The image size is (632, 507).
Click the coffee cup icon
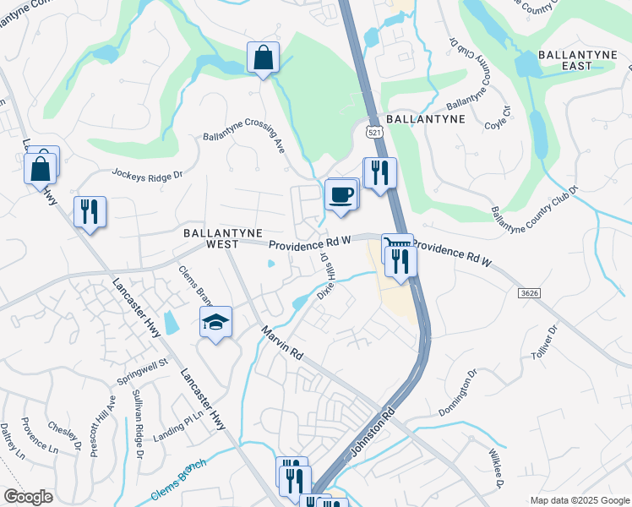341,194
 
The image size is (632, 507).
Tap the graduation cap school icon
215,322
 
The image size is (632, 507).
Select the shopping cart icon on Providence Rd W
396,246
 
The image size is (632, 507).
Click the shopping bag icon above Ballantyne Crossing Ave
263,58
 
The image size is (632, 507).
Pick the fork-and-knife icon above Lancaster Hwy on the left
90,211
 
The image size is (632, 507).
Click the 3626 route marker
529,291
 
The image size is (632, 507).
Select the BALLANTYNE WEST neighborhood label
223,238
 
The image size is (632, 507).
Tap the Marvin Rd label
281,344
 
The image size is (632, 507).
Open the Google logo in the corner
28,497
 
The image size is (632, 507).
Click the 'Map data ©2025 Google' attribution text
579,500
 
